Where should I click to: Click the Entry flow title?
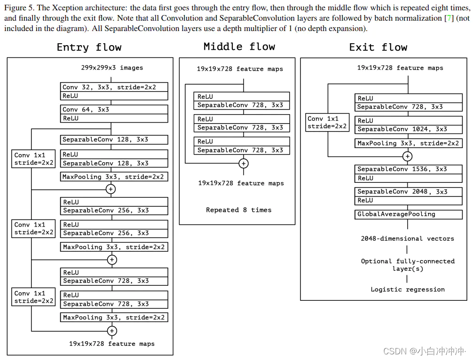(x=89, y=47)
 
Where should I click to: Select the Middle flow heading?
(x=239, y=47)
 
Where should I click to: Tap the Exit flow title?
(x=378, y=47)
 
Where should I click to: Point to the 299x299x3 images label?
(x=112, y=68)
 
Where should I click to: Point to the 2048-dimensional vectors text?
(x=407, y=239)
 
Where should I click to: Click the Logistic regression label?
(x=407, y=290)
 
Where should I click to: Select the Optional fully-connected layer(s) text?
(x=408, y=265)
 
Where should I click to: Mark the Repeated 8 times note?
(x=238, y=210)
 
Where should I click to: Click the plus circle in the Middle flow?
(x=244, y=164)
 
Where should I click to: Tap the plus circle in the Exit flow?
(x=408, y=157)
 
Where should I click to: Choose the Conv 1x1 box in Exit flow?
(x=328, y=122)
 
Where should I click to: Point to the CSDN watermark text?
(x=424, y=351)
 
